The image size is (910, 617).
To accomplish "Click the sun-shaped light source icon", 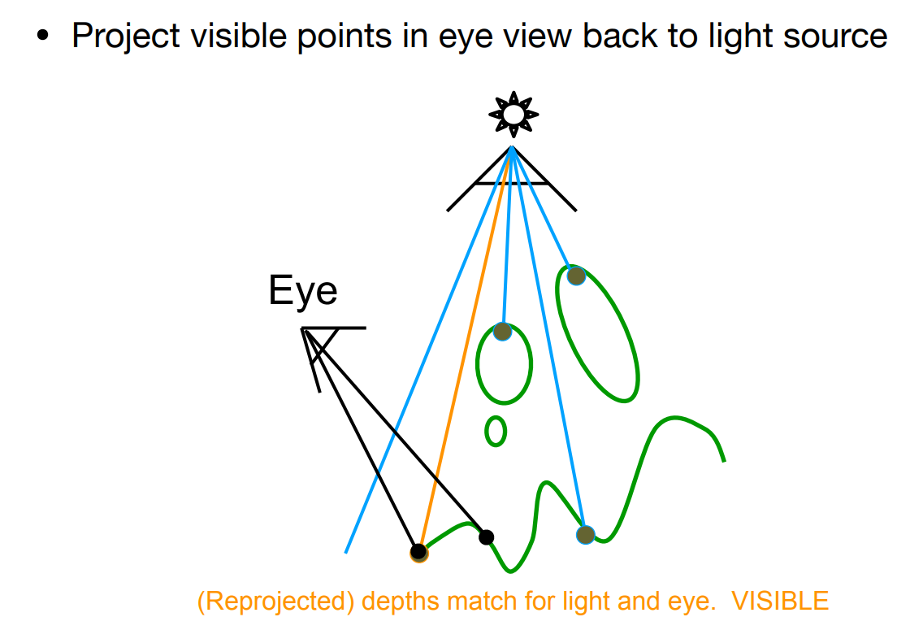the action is pyautogui.click(x=513, y=115).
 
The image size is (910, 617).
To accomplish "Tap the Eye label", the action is pyautogui.click(x=302, y=292).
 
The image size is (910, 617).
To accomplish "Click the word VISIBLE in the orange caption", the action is pyautogui.click(x=780, y=602).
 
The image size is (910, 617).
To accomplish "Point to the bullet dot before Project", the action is pyautogui.click(x=43, y=37).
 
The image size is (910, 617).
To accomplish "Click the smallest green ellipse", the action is pyautogui.click(x=496, y=431).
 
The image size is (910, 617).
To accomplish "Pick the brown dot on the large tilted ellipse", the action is pyautogui.click(x=575, y=276).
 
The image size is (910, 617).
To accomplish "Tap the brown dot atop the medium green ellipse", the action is pyautogui.click(x=502, y=332).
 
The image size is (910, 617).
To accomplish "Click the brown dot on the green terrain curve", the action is pyautogui.click(x=586, y=534).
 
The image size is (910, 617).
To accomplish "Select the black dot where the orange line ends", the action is pyautogui.click(x=418, y=553).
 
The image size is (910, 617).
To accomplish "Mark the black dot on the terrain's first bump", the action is pyautogui.click(x=486, y=537).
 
